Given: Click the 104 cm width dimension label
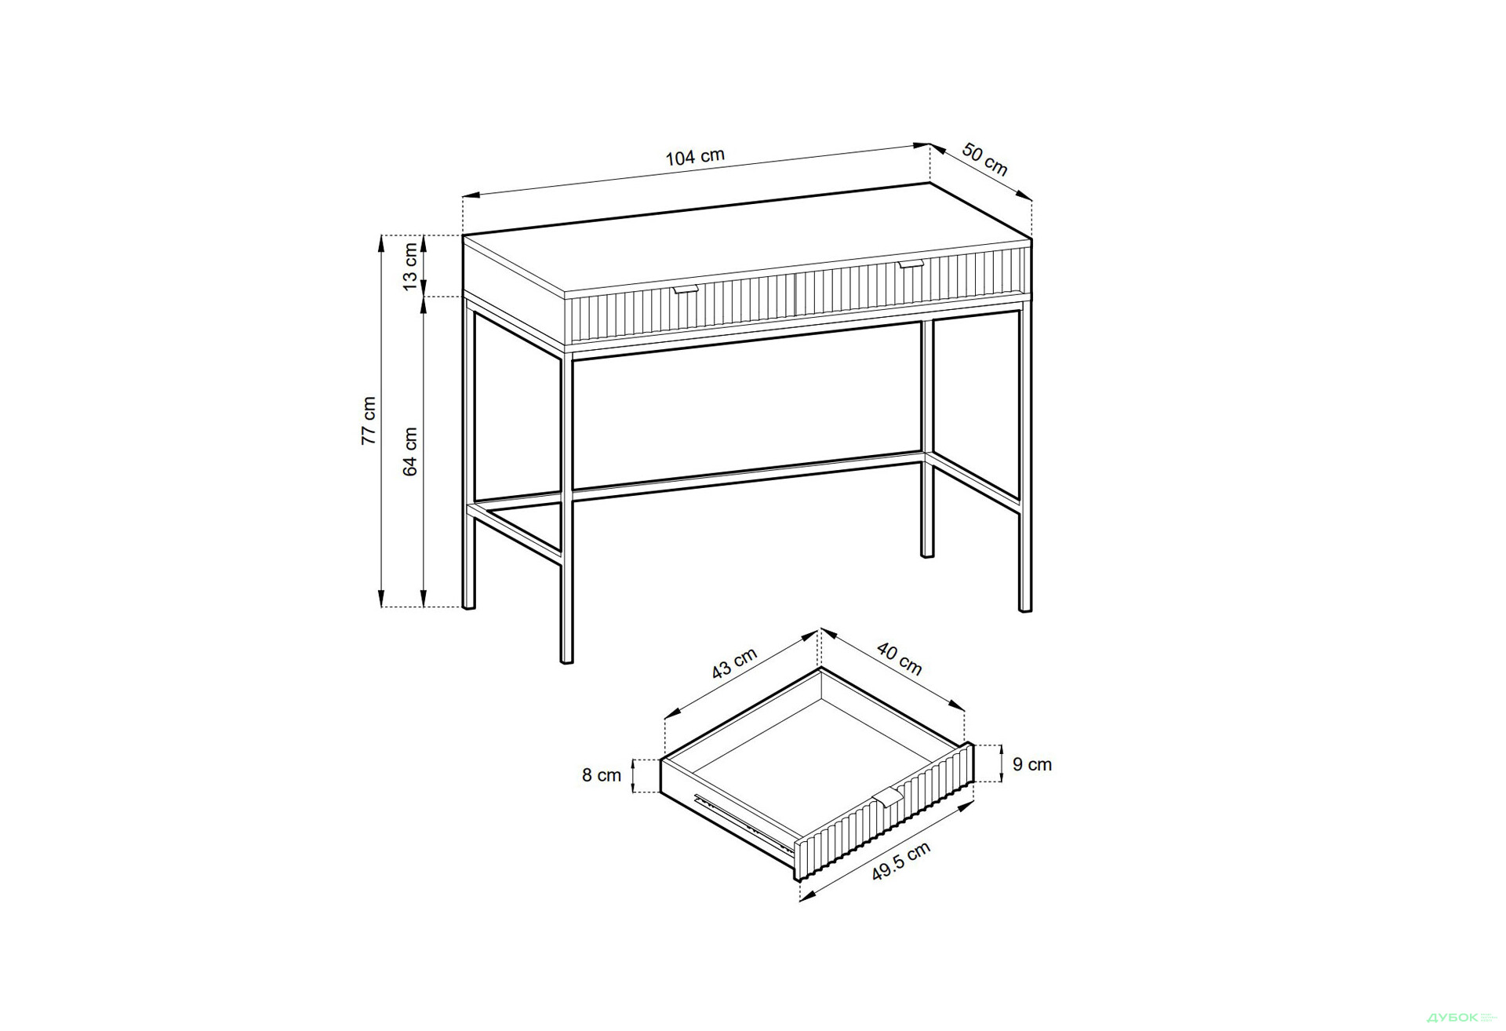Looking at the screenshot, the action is [x=695, y=156].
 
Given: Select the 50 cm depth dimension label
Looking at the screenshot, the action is [x=984, y=160].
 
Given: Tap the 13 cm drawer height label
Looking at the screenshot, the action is [x=410, y=266].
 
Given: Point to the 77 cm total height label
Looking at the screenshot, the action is [x=369, y=421].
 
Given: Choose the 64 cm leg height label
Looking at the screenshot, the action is [x=410, y=452].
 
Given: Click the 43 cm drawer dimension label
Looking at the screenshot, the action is [x=734, y=663].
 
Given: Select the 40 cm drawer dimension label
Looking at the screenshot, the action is [x=899, y=659].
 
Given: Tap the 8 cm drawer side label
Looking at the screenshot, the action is [x=602, y=775].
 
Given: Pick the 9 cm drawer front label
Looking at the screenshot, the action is [x=1032, y=764].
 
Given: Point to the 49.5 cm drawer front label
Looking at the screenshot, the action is [x=901, y=862].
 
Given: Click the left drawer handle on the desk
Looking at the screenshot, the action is [x=685, y=290].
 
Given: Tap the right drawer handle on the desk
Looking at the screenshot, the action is [x=911, y=265].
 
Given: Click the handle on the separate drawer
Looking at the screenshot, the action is [x=887, y=796].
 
